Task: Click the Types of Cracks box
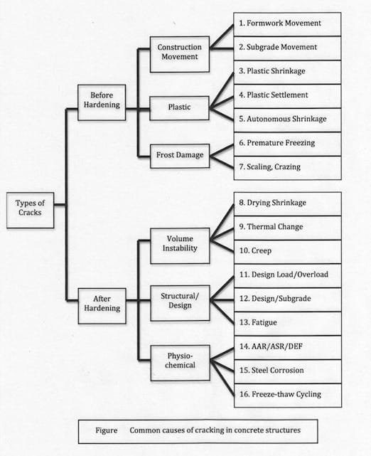tap(31, 210)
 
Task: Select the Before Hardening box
tap(102, 102)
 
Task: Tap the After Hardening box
tap(102, 306)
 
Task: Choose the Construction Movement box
tap(180, 54)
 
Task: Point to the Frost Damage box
tap(180, 157)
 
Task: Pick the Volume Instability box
tap(180, 245)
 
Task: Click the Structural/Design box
tap(180, 303)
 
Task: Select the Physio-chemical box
tap(180, 363)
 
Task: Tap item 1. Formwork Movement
tap(287, 24)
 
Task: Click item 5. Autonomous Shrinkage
tap(287, 120)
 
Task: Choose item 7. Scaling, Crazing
tap(287, 168)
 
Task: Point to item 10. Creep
tap(288, 252)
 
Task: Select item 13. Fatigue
tap(288, 324)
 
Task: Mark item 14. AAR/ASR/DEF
tap(288, 348)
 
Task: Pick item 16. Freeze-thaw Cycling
tap(288, 396)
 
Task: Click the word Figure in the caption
tap(107, 430)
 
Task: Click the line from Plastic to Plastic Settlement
tap(222, 103)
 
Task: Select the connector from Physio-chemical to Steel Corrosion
tap(222, 366)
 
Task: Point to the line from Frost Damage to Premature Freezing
tap(222, 151)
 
